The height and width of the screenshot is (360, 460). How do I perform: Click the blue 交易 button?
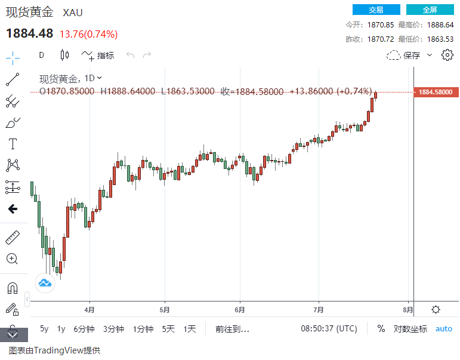[x=376, y=10]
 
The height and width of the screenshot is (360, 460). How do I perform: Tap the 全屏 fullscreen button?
[x=430, y=10]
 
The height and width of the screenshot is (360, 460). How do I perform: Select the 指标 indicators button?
[x=98, y=56]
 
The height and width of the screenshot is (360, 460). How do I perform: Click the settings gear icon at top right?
[x=447, y=56]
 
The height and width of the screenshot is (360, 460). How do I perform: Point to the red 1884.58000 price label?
[x=436, y=92]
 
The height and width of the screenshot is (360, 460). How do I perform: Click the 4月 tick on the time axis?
[x=89, y=310]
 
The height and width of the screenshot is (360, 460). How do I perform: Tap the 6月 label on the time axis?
[x=240, y=310]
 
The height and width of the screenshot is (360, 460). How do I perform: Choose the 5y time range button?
[x=44, y=329]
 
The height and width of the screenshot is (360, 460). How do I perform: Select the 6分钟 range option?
[x=84, y=329]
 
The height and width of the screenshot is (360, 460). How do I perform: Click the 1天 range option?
[x=190, y=329]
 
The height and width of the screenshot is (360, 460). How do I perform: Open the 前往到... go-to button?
[x=232, y=329]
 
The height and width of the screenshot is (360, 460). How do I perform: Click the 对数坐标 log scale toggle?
[x=410, y=329]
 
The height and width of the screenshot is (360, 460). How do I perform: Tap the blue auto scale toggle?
[x=443, y=329]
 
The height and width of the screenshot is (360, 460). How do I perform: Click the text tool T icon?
[x=12, y=144]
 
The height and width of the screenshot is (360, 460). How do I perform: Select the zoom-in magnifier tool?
[x=12, y=259]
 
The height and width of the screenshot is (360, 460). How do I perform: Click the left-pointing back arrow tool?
[x=12, y=209]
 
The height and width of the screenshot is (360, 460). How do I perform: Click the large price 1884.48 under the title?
[x=30, y=33]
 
